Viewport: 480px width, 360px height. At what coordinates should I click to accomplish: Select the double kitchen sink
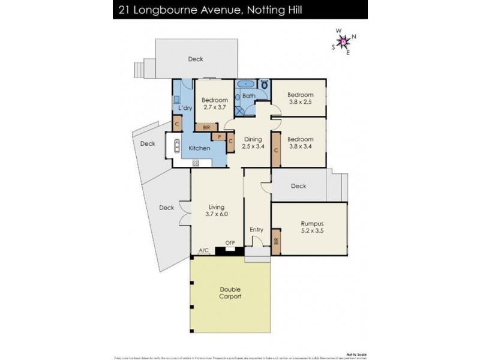point(178,147)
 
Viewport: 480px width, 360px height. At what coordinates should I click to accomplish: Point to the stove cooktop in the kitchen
point(196,163)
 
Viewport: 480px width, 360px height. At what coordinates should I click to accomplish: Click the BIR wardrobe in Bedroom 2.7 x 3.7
point(206,127)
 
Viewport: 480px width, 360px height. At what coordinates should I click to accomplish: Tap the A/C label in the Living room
point(203,250)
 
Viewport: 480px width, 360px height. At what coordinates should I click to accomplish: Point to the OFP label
point(229,243)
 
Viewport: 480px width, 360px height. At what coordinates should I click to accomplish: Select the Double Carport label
point(230,292)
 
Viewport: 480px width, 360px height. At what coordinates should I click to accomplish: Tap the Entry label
point(257,229)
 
